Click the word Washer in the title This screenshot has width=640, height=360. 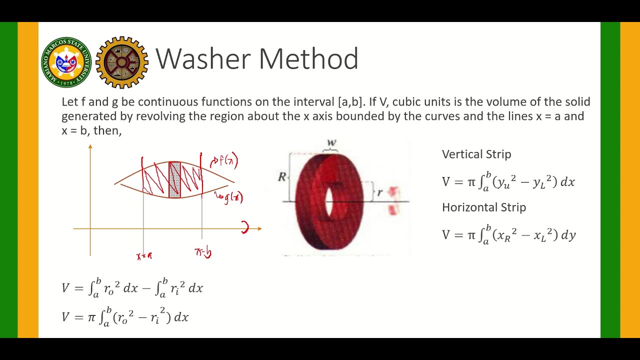pos(205,59)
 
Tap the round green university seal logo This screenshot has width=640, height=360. pos(66,62)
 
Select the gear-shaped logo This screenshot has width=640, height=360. pos(122,62)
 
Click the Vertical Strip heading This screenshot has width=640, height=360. pos(476,154)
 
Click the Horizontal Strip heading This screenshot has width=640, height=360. pos(484,207)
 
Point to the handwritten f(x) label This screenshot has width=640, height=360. pos(225,160)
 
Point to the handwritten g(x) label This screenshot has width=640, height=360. pos(231,197)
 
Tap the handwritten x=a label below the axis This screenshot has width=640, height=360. pos(144,256)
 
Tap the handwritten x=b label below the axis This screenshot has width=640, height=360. pos(203,252)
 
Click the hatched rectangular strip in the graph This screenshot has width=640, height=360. pos(174,179)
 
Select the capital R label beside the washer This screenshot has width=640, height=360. pos(282,176)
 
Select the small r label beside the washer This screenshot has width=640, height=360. pos(379,192)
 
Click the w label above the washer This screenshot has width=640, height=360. pos(331,143)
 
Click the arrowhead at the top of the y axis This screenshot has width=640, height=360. pos(90,146)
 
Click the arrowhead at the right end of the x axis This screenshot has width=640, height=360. pos(259,229)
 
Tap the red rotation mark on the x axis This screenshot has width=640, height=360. pos(245,228)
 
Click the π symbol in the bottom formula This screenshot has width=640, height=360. pos(91,317)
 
